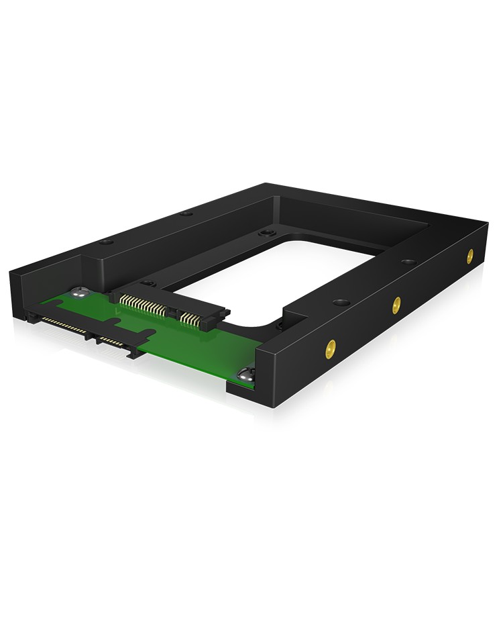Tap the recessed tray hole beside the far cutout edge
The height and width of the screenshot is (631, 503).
click(266, 234)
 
